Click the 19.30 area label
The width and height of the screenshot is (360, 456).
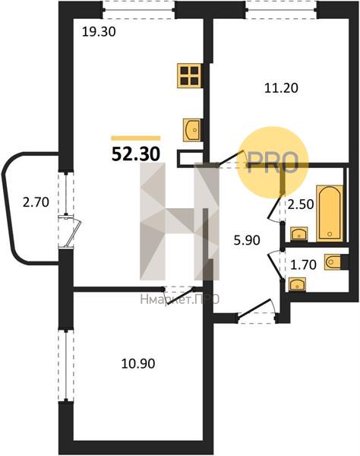point(99,31)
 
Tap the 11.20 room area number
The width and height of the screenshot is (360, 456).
point(281,88)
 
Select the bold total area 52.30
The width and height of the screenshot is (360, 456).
point(136,154)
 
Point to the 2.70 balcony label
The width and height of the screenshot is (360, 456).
point(36,202)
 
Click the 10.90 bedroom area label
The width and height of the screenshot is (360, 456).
point(138,364)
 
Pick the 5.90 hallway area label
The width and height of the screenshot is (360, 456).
point(247,240)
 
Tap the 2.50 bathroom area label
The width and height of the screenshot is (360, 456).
point(301,204)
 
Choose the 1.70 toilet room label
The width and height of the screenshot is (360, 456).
point(303,264)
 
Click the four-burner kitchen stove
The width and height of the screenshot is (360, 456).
point(189,75)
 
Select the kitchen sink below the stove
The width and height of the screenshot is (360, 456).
point(192,130)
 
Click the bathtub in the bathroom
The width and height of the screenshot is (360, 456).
point(330,213)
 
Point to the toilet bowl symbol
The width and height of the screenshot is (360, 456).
point(334,262)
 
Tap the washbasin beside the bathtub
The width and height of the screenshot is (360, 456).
point(299,234)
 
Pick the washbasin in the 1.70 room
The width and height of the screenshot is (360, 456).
point(297,284)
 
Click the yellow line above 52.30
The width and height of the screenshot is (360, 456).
point(136,138)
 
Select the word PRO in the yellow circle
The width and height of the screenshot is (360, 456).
point(273,163)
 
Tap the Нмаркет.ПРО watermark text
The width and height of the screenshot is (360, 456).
point(179,299)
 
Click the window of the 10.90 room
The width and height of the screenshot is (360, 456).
point(66,366)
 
